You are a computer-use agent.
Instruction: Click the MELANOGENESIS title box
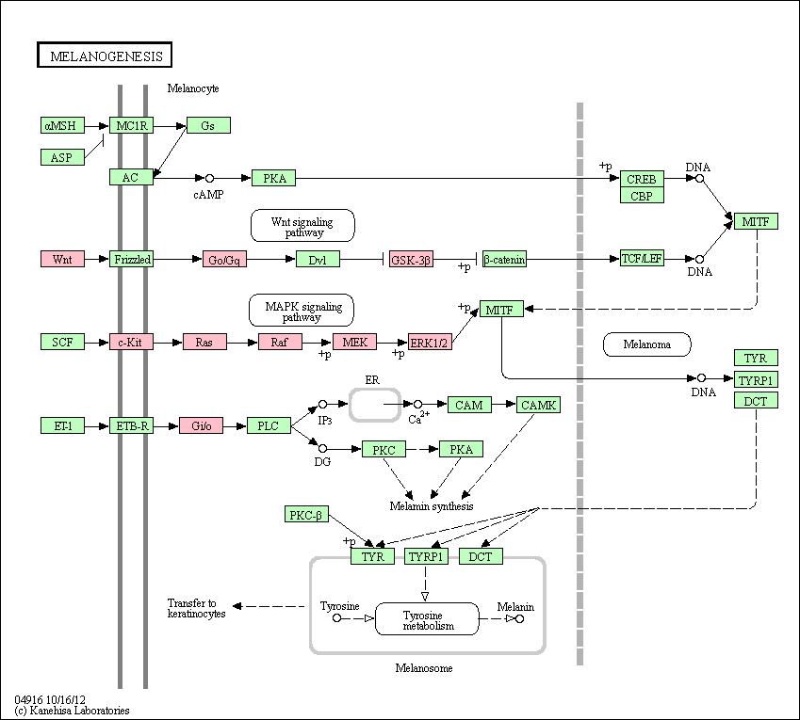pyautogui.click(x=105, y=55)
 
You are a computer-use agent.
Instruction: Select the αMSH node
pyautogui.click(x=62, y=125)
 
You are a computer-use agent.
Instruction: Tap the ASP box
pyautogui.click(x=62, y=157)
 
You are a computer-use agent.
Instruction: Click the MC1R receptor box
pyautogui.click(x=131, y=125)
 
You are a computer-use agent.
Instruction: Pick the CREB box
pyautogui.click(x=642, y=179)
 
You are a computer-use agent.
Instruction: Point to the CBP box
pyautogui.click(x=642, y=195)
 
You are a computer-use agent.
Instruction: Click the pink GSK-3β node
pyautogui.click(x=411, y=260)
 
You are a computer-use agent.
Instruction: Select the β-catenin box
pyautogui.click(x=504, y=260)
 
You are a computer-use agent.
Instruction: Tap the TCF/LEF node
pyautogui.click(x=642, y=258)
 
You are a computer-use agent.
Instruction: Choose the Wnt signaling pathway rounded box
pyautogui.click(x=302, y=226)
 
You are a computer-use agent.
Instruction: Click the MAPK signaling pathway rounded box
pyautogui.click(x=302, y=311)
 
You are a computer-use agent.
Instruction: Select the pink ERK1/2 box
pyautogui.click(x=430, y=343)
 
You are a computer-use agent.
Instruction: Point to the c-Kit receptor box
pyautogui.click(x=131, y=342)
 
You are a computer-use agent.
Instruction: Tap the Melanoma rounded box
pyautogui.click(x=647, y=344)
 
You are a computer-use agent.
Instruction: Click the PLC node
pyautogui.click(x=269, y=425)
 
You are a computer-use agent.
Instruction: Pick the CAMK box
pyautogui.click(x=538, y=405)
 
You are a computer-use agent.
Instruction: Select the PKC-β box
pyautogui.click(x=306, y=514)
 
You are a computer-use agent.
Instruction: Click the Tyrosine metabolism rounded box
pyautogui.click(x=427, y=619)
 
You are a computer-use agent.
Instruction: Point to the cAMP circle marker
pyautogui.click(x=209, y=178)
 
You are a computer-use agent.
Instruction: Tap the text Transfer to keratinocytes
pyautogui.click(x=196, y=608)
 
